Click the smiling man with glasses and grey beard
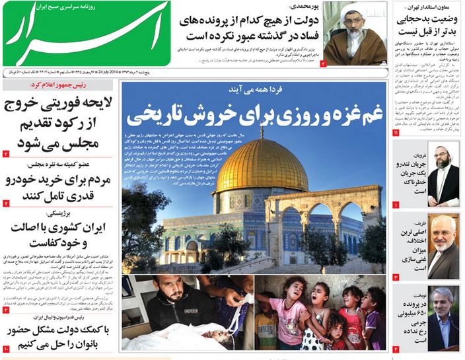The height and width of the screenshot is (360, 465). (x=442, y=238)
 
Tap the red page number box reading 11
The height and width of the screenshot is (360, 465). (x=395, y=133)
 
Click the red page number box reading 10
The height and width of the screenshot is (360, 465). (x=6, y=348)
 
